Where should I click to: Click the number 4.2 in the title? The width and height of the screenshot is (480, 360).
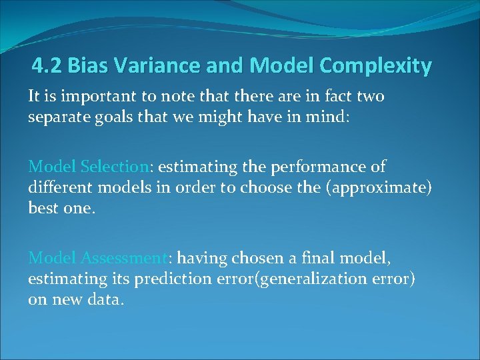pos(47,66)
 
